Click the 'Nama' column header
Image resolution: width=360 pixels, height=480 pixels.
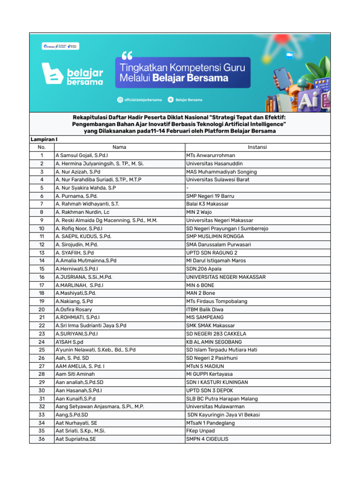[120, 147]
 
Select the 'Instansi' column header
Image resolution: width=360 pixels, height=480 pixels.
[257, 147]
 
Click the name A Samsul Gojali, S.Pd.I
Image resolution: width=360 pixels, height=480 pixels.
[82, 155]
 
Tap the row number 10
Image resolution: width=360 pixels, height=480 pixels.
[42, 228]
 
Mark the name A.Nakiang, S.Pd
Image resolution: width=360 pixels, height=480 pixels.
[74, 301]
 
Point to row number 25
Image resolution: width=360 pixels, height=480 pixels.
[42, 350]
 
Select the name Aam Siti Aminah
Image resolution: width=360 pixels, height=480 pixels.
[75, 374]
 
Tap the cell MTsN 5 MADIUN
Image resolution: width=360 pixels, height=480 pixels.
[205, 366]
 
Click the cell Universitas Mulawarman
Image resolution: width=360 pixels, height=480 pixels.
[215, 406]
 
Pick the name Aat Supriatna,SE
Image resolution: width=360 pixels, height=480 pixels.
[75, 439]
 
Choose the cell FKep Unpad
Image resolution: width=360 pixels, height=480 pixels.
[200, 431]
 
